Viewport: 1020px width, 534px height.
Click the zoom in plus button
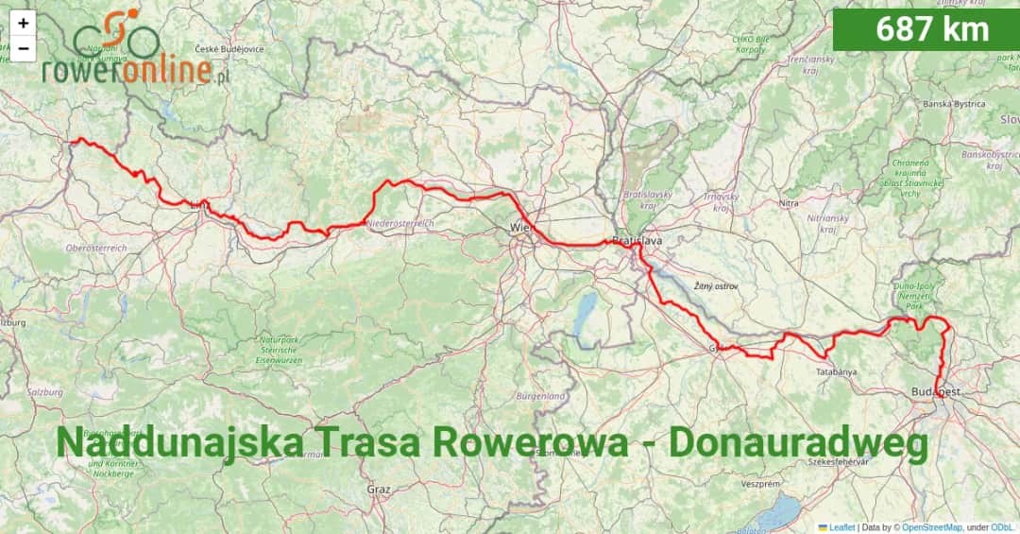click(23, 23)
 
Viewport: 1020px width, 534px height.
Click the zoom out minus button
click(23, 47)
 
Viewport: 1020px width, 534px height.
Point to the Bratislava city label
click(637, 241)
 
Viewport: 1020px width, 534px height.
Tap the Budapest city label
click(937, 391)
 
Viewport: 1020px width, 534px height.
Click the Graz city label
click(379, 490)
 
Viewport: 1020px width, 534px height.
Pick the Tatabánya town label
click(836, 371)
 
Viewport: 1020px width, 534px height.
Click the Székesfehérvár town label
click(839, 462)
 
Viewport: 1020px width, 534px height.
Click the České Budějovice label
click(229, 49)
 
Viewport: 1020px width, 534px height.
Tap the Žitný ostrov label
click(716, 285)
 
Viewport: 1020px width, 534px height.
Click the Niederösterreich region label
click(399, 224)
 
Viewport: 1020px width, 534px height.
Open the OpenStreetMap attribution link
click(930, 527)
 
